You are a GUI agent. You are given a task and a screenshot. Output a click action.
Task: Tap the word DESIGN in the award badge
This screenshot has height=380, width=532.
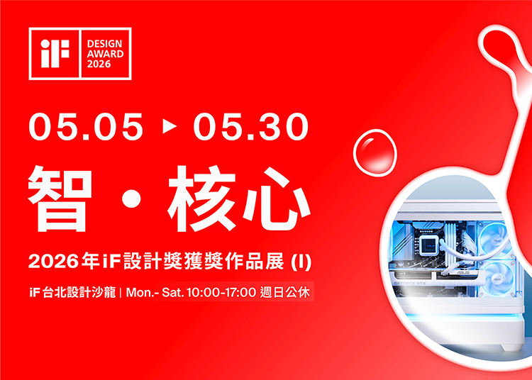(105, 44)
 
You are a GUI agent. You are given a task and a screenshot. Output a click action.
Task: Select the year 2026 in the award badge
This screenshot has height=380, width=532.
(100, 65)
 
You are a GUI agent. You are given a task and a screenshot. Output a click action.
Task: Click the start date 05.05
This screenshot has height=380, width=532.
(86, 128)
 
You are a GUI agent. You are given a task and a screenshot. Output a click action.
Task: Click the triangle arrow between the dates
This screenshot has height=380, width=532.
(169, 128)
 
